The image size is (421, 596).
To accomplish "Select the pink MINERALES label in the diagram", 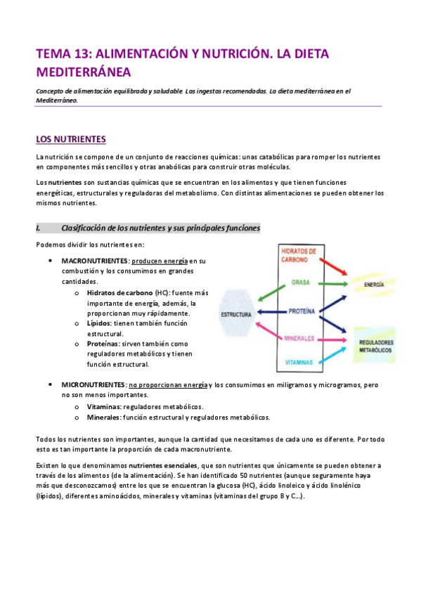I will click(x=298, y=338).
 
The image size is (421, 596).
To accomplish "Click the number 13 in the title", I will click(x=82, y=53).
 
